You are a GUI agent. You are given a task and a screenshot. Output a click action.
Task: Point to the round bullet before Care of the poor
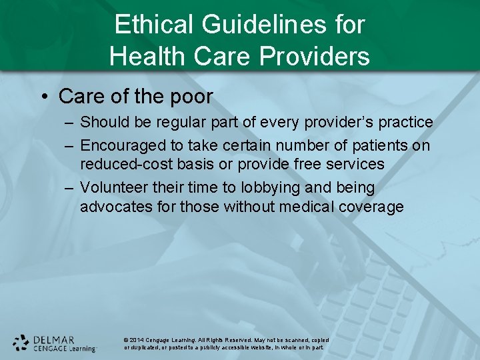pyautogui.click(x=44, y=97)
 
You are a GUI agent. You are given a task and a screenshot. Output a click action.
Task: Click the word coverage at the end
pyautogui.click(x=372, y=207)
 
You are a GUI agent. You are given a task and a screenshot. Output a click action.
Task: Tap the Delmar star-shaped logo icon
pyautogui.click(x=21, y=343)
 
